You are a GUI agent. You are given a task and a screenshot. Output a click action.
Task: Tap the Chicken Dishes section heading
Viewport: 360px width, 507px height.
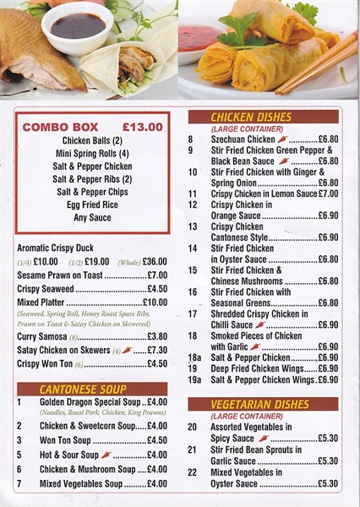[x=252, y=117]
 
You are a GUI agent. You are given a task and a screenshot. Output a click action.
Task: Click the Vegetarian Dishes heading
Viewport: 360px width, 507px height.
[x=260, y=405]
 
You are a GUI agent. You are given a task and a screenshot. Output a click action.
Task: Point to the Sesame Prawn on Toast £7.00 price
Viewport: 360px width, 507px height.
[x=156, y=275]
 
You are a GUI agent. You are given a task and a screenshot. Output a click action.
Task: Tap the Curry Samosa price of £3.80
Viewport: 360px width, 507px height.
[x=156, y=336]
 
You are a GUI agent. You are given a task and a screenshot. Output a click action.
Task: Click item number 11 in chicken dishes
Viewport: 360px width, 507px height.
[x=192, y=194]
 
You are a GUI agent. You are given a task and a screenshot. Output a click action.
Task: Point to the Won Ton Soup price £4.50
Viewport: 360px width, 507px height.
[x=156, y=440]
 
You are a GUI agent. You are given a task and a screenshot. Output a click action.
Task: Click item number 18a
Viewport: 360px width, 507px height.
[x=194, y=357]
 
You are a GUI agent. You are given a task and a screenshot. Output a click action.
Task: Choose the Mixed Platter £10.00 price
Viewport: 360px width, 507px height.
[x=155, y=302]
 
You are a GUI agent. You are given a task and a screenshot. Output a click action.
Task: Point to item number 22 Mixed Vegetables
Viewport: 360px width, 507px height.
[x=192, y=472]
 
